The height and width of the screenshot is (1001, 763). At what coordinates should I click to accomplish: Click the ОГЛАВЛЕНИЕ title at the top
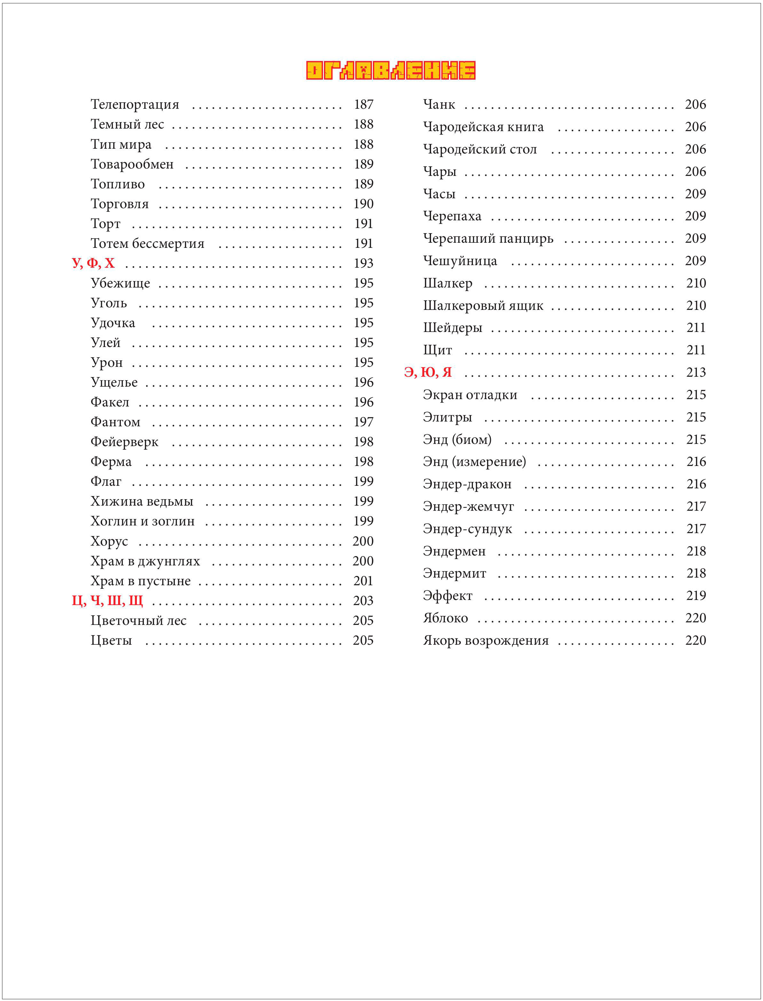coord(390,70)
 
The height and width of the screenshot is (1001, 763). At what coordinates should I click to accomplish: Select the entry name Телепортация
coord(135,105)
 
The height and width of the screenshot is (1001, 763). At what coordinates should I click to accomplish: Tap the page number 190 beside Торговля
coord(363,204)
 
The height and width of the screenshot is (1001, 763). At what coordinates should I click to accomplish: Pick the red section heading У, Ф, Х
coord(93,263)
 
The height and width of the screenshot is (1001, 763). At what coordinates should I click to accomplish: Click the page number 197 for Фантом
coord(363,422)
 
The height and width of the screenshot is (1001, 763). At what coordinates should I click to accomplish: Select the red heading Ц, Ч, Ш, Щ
coord(107,600)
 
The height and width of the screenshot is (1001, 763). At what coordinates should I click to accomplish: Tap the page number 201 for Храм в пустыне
coord(363,581)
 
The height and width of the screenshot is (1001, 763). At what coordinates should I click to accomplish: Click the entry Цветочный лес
coord(138,621)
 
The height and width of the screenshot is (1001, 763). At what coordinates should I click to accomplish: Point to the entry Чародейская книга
coord(483,127)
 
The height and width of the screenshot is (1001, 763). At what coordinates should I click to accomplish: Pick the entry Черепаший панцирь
coord(488,239)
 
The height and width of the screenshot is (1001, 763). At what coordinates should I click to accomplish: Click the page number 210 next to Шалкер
coord(696,283)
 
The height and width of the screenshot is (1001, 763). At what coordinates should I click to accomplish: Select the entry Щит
coord(437,350)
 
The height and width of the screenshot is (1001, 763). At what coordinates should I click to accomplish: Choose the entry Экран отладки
coord(470,395)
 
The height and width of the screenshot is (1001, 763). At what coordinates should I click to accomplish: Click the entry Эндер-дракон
coord(467,484)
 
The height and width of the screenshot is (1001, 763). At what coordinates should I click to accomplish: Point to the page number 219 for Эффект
coord(696,595)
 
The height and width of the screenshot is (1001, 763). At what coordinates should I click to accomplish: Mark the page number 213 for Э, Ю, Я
coord(696,373)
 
